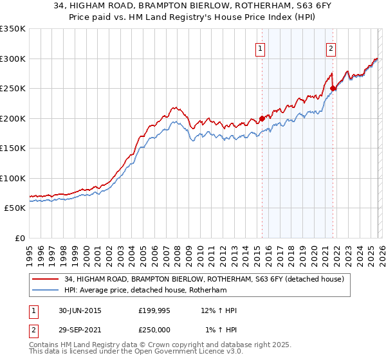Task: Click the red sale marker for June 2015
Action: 262,118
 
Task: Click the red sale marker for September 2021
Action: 333,89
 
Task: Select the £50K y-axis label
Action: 15,208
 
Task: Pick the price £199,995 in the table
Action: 154,310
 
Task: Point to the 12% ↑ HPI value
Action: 219,310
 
